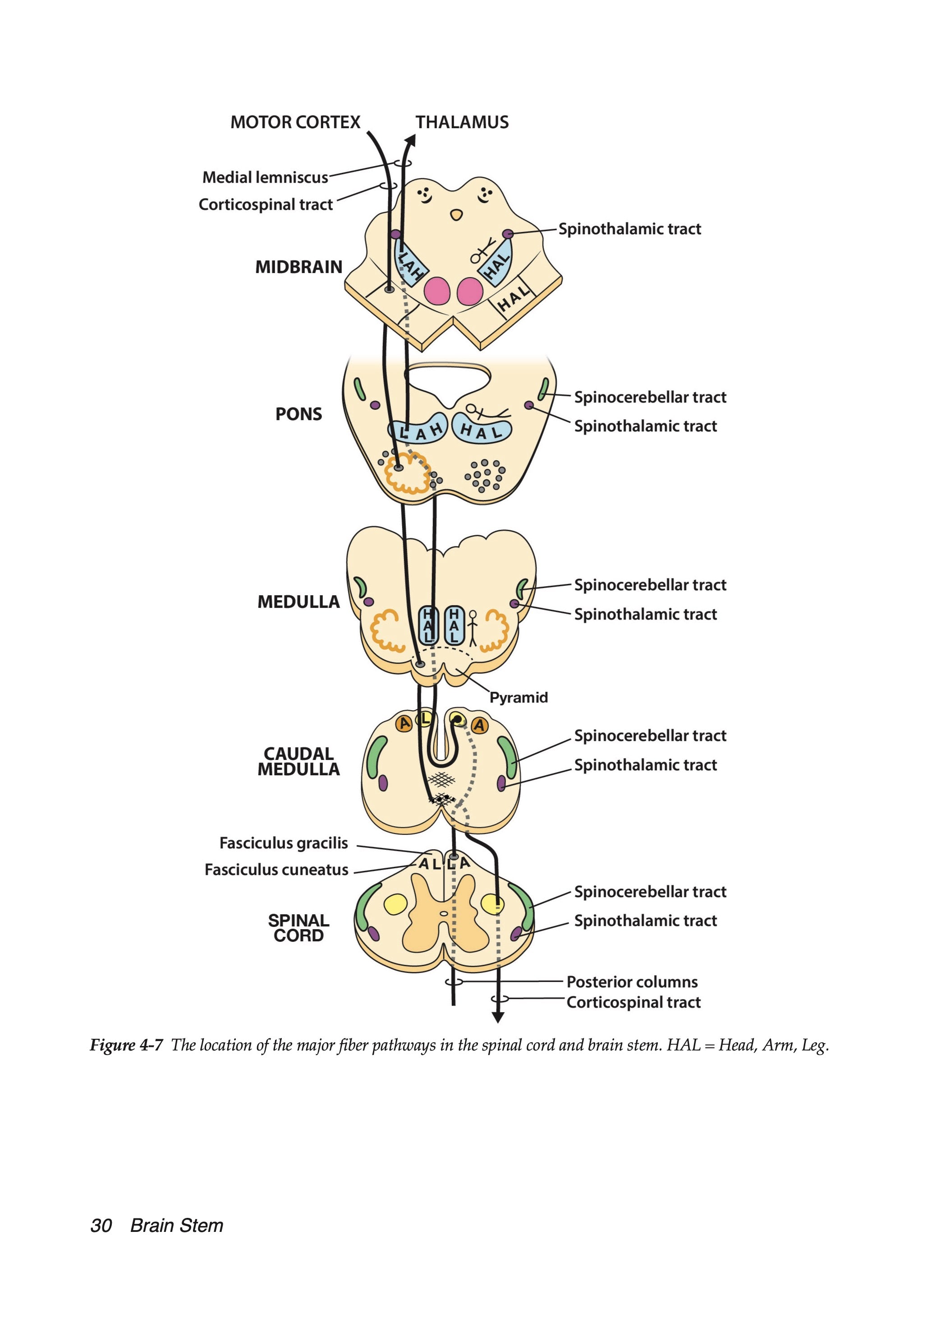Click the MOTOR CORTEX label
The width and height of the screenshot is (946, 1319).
pyautogui.click(x=295, y=122)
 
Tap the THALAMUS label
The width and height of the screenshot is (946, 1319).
pyautogui.click(x=462, y=122)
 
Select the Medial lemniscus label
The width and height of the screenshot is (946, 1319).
pyautogui.click(x=265, y=177)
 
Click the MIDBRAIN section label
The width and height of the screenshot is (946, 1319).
pyautogui.click(x=298, y=267)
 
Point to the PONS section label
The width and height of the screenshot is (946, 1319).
pyautogui.click(x=298, y=414)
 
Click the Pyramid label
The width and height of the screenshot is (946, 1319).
pyautogui.click(x=519, y=697)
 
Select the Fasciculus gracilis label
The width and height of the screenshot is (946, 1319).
pyautogui.click(x=284, y=842)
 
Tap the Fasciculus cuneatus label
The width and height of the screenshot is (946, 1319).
pyautogui.click(x=276, y=870)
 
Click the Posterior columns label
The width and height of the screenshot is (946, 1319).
pyautogui.click(x=632, y=981)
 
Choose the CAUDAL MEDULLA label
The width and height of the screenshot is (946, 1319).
pyautogui.click(x=298, y=761)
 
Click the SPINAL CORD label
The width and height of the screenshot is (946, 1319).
pyautogui.click(x=298, y=928)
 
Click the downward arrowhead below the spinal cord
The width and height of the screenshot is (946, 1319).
pyautogui.click(x=498, y=1017)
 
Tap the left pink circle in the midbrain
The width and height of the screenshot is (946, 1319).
pyautogui.click(x=437, y=291)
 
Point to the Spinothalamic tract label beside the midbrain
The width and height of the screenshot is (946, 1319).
pyautogui.click(x=630, y=229)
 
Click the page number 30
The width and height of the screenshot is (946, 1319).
pyautogui.click(x=101, y=1226)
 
